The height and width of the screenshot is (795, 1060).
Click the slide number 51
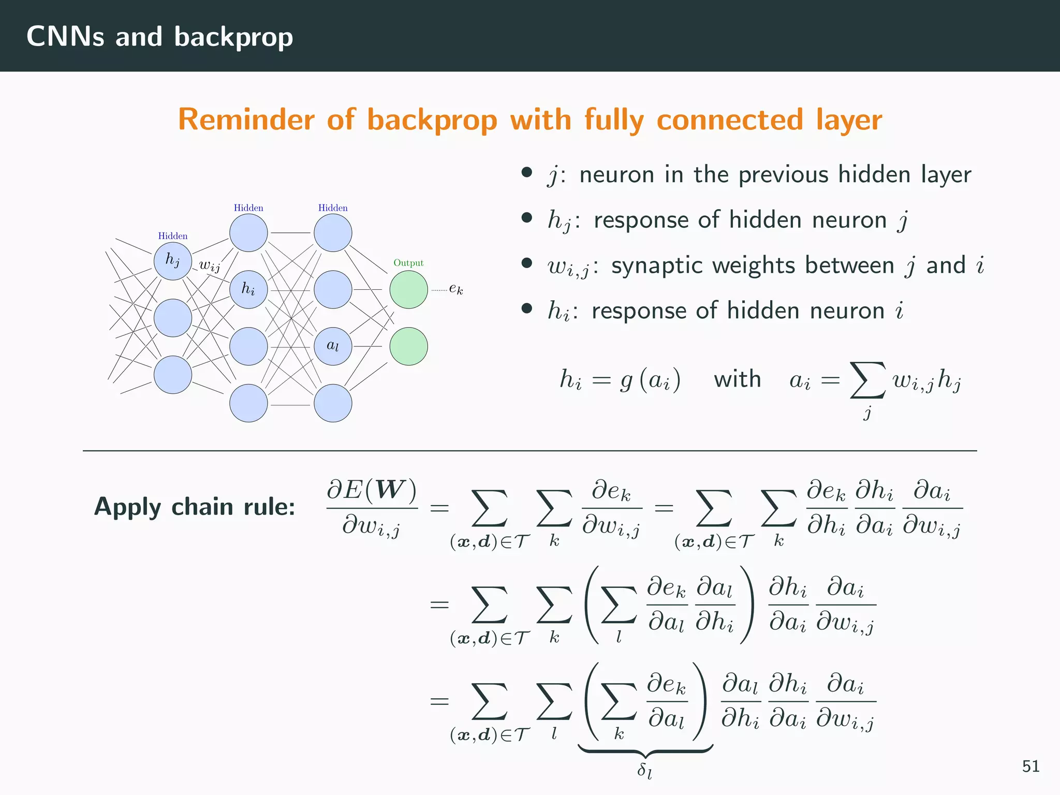coord(1030,766)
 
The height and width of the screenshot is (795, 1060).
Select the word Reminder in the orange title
coord(246,120)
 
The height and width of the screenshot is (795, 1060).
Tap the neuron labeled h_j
coord(173,261)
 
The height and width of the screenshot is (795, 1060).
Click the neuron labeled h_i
coord(248,289)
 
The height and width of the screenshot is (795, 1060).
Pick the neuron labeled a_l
coord(333,346)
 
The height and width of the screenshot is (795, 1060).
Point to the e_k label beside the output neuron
coord(456,289)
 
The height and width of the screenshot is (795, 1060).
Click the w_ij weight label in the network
coord(210,266)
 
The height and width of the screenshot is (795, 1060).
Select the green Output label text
coord(408,263)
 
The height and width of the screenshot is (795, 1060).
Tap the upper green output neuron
coord(408,289)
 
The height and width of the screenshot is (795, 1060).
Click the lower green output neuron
coord(408,346)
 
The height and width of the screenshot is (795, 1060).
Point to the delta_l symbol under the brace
coord(644,770)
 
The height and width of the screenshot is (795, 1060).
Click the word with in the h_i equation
coord(737,379)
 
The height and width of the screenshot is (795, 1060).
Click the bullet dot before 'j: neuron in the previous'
coord(527,172)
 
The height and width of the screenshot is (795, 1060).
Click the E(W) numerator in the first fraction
coord(372,489)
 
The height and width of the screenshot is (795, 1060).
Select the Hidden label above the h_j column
coord(173,236)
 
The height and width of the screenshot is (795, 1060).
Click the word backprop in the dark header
coord(233,37)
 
